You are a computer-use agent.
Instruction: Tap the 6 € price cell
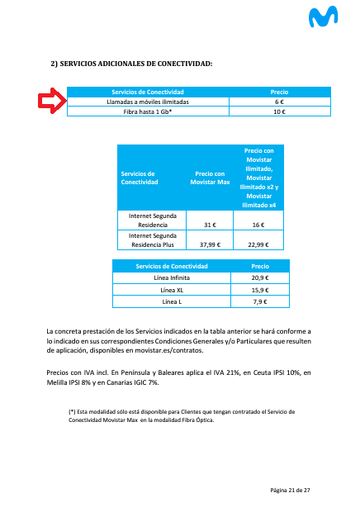point(279,102)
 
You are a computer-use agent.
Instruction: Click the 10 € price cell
point(279,111)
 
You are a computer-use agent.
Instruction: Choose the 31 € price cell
point(209,225)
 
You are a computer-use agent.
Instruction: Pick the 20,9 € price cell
point(260,278)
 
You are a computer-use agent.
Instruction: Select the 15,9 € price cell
point(260,290)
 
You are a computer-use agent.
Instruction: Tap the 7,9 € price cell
point(260,301)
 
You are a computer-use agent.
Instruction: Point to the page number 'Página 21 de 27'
point(290,491)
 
